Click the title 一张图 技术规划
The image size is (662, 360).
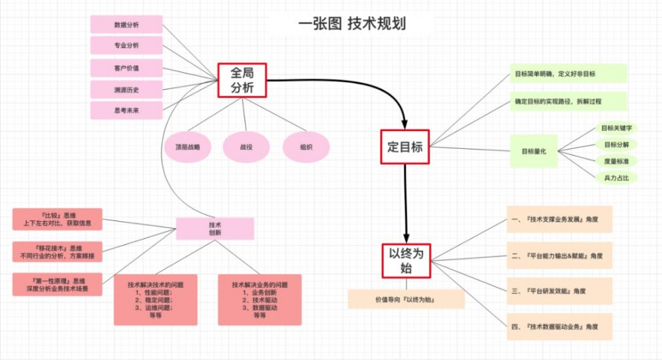point(352,24)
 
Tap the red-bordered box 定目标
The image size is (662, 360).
point(404,148)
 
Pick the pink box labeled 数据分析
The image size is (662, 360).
point(126,25)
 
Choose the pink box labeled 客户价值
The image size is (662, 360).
point(126,68)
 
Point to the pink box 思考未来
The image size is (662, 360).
point(126,110)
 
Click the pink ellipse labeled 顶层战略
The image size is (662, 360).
point(187,148)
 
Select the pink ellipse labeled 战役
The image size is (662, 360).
point(246,148)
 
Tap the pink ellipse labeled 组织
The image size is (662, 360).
point(306,148)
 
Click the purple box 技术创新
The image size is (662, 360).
point(214,229)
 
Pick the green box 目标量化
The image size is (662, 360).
point(534,151)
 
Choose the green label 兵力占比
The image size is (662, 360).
point(616,177)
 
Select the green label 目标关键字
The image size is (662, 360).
point(616,128)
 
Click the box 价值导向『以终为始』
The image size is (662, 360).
point(406,300)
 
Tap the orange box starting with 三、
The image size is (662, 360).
point(559,291)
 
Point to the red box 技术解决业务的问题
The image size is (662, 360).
point(260,300)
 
